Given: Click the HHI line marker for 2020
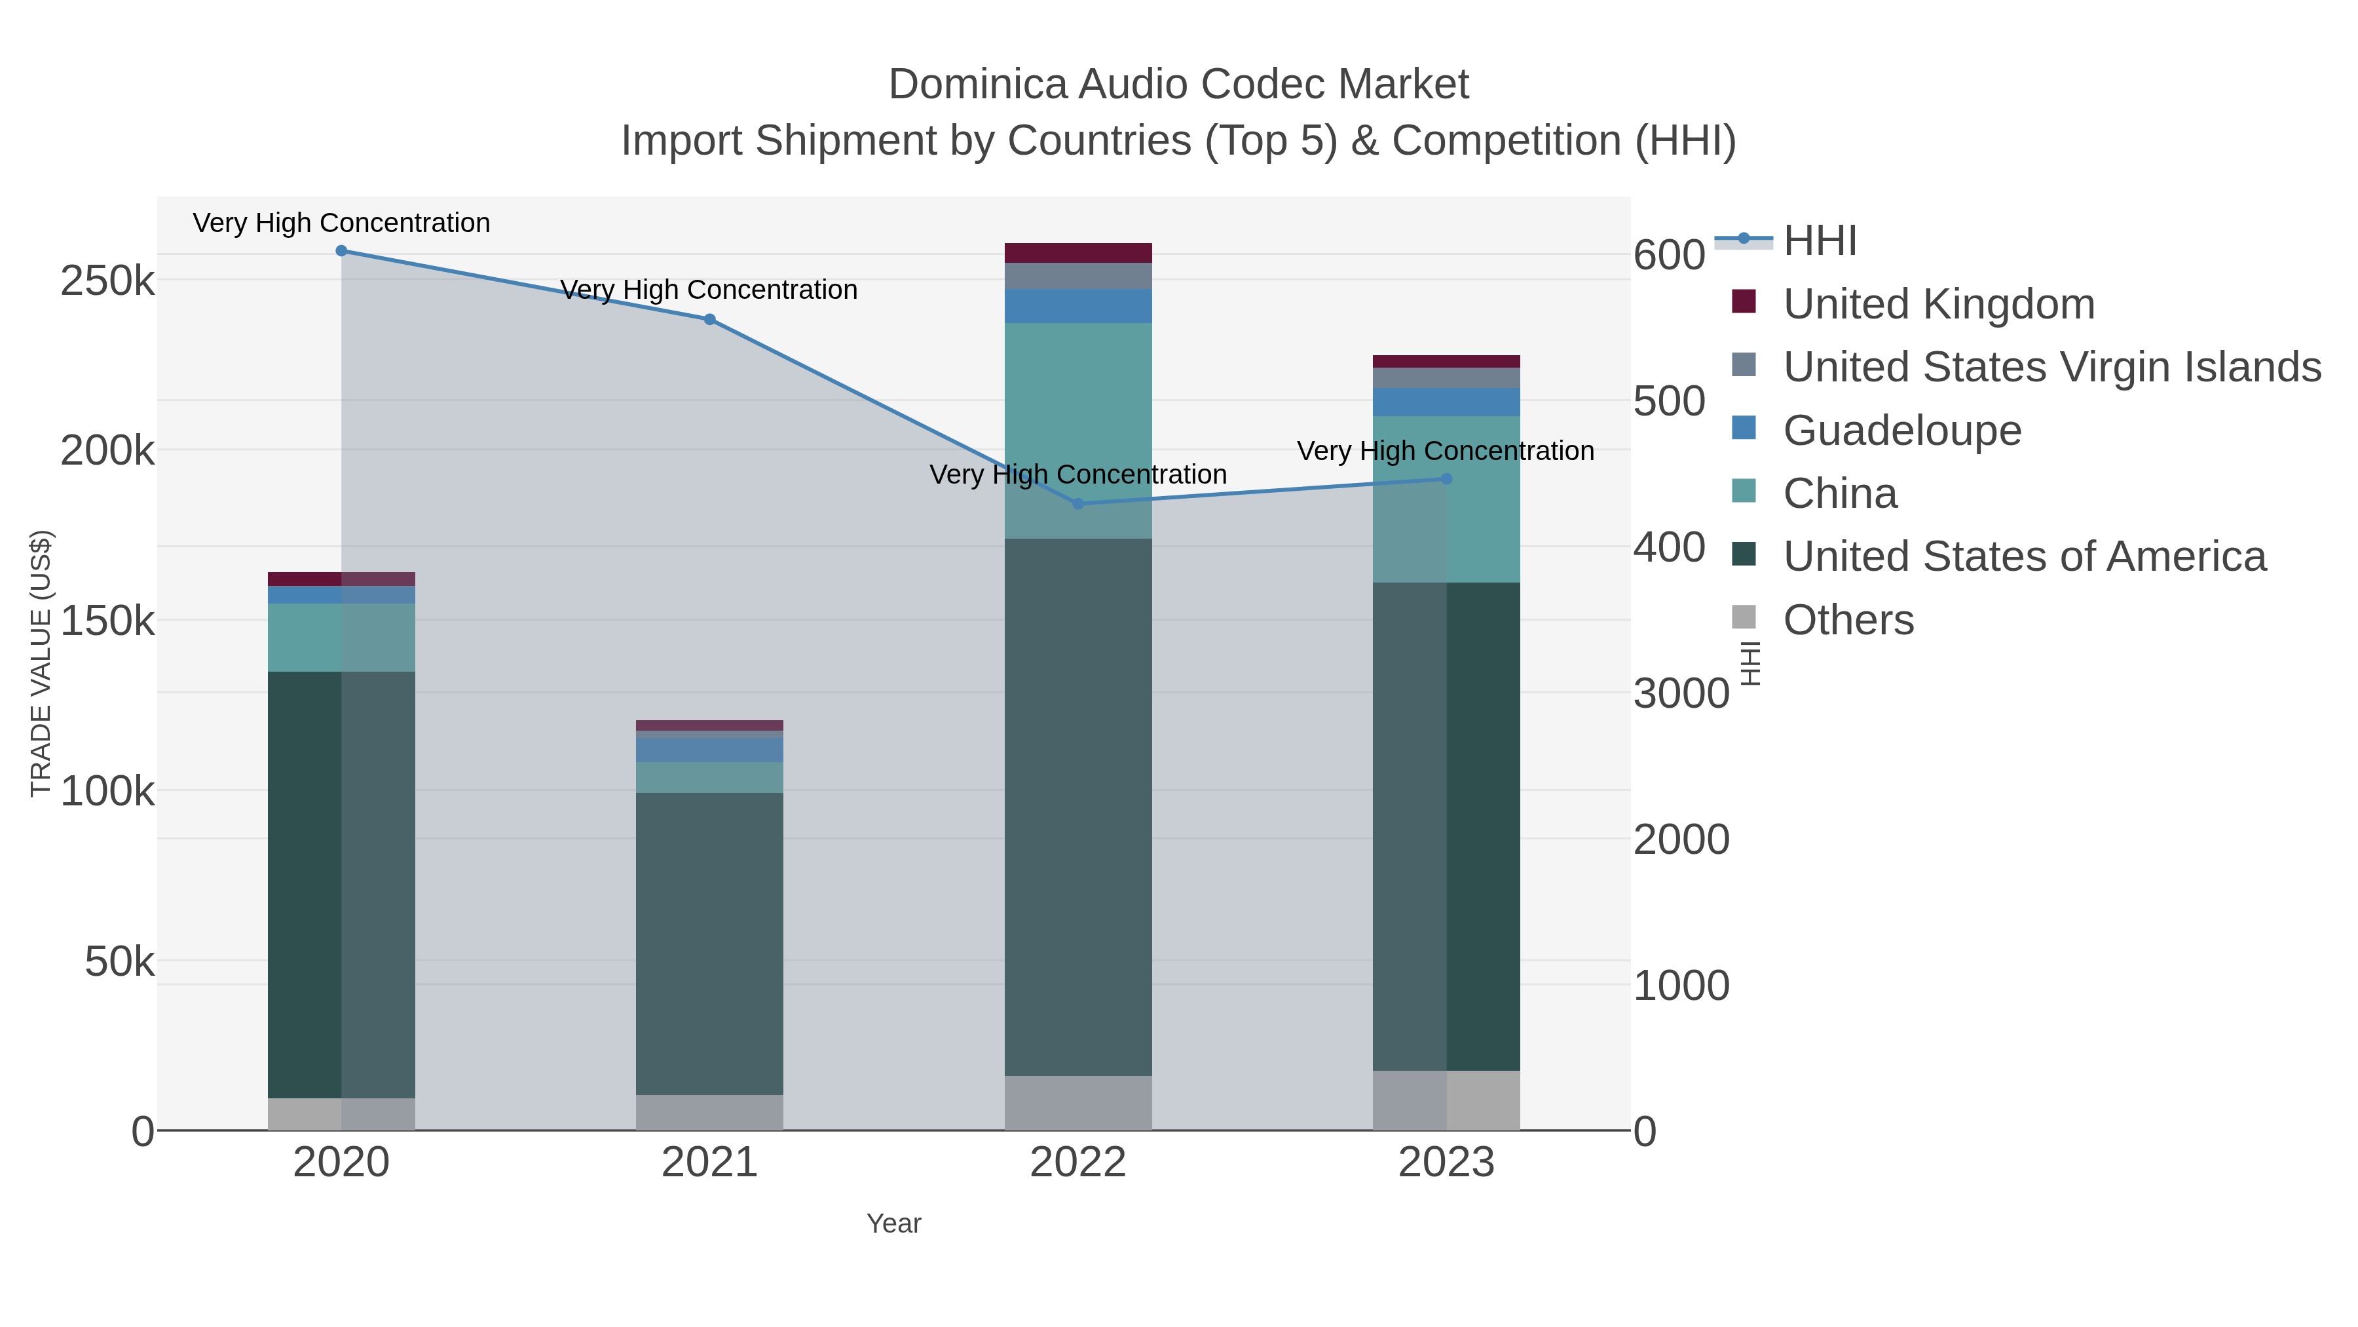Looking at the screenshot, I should point(341,251).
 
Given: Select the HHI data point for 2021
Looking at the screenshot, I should point(709,320).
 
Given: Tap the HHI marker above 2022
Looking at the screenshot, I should point(1077,504).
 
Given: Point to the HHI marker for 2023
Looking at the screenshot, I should point(1446,479).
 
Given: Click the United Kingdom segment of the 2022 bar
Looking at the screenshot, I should point(1077,253).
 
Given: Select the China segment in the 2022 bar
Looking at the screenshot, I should point(1077,431).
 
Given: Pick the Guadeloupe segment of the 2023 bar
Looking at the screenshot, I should point(1446,402).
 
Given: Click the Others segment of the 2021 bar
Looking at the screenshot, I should point(709,1113).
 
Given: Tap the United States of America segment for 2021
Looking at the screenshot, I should point(709,943).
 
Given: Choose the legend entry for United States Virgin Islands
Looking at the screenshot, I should point(2050,367).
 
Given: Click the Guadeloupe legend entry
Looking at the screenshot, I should point(1901,431).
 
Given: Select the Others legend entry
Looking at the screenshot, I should point(1847,620).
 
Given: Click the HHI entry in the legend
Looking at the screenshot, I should point(1819,241).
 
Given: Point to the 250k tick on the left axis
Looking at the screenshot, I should point(107,281).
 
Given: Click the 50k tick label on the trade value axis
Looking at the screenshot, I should point(119,961).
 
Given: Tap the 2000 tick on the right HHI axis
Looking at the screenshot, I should point(1681,840).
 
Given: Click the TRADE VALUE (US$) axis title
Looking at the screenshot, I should point(41,663).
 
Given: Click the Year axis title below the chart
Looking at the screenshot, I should point(893,1223).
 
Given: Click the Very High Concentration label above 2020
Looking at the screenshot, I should point(341,223).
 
